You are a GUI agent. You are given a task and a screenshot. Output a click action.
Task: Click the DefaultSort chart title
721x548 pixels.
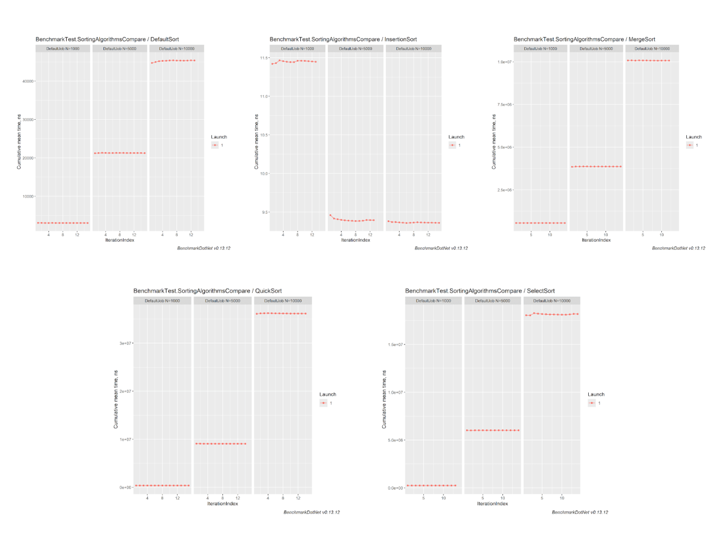[x=107, y=40]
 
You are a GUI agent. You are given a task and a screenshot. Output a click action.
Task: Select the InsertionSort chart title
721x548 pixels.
[x=343, y=40]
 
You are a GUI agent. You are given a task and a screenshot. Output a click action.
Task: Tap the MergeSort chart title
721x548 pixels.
[x=584, y=40]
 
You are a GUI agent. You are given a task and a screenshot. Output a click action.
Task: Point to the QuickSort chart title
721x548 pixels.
[x=208, y=291]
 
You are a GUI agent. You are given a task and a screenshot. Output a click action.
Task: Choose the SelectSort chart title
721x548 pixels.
[x=480, y=291]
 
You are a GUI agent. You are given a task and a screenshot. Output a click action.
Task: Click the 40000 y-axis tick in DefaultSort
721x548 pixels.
[x=28, y=81]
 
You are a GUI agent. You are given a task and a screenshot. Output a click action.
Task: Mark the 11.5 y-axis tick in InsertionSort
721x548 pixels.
[x=264, y=58]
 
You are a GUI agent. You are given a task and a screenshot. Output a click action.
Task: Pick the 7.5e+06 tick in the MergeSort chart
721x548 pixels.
[x=505, y=105]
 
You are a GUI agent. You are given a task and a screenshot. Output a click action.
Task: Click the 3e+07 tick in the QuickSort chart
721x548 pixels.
[x=125, y=343]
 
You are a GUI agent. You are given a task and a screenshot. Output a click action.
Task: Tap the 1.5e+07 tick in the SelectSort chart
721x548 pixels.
[x=396, y=344]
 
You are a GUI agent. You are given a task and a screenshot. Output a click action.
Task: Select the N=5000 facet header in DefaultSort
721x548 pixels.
[x=120, y=49]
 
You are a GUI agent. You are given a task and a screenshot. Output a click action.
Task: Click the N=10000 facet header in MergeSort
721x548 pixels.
[x=652, y=49]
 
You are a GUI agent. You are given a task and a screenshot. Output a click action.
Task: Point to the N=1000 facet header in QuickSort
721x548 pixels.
[x=162, y=301]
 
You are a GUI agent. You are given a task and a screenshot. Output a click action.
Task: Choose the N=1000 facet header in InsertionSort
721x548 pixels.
[x=298, y=49]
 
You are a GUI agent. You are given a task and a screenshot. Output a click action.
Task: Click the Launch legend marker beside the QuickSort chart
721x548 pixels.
[x=324, y=403]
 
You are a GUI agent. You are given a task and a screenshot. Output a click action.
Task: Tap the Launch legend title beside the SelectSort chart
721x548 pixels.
[x=596, y=394]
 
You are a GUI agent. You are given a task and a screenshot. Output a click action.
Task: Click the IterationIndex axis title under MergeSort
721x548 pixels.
[x=596, y=240]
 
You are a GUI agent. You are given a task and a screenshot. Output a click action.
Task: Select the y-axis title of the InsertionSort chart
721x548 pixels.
[x=256, y=142]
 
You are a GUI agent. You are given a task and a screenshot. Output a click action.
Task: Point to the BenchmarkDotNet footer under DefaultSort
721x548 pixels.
[x=204, y=248]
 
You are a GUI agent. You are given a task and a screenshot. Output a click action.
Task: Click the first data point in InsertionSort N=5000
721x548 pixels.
[x=330, y=216]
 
